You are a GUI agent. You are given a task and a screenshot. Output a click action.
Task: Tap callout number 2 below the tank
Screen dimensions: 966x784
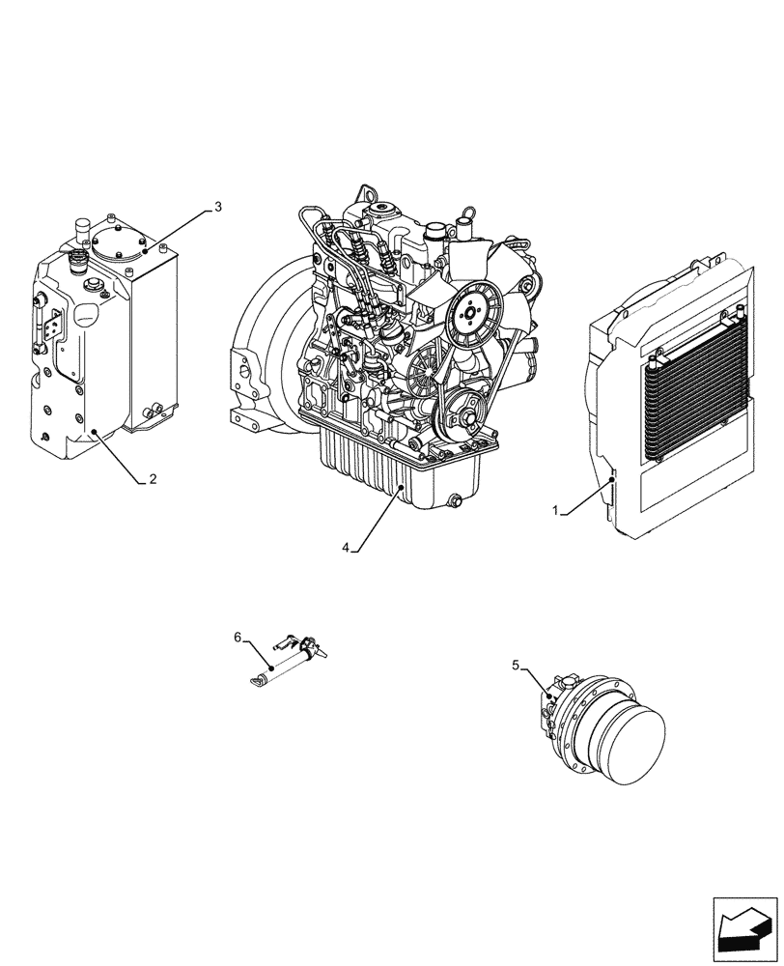coord(153,479)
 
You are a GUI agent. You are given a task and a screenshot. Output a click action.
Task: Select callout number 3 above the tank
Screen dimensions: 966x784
coord(218,207)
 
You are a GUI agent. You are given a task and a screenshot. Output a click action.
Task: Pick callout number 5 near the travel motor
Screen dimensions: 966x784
coord(516,665)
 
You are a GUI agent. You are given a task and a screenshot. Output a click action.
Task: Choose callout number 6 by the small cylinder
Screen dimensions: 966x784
coord(237,637)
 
